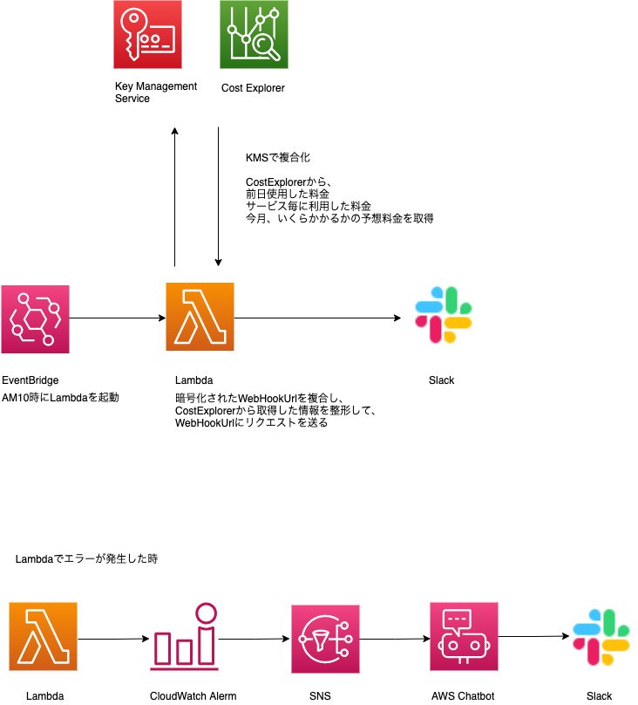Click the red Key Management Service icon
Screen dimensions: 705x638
coord(147,35)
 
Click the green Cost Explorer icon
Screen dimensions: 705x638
coord(254,35)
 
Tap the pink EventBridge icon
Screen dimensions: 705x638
coord(35,318)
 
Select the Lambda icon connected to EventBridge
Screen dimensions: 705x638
coord(200,318)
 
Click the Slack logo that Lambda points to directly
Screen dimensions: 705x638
coord(444,317)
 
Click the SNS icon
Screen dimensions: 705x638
coord(324,637)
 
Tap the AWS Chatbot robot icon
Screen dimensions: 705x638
coord(464,637)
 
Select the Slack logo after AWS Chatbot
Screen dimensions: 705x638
coord(601,637)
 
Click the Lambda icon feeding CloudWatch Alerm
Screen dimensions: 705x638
coord(44,637)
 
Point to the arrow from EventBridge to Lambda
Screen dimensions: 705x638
coord(118,318)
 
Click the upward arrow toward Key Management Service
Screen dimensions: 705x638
coord(175,196)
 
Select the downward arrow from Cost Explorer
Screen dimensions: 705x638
coord(218,196)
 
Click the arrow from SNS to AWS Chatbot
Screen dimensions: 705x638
coord(394,638)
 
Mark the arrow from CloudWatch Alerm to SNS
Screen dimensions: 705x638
coord(254,638)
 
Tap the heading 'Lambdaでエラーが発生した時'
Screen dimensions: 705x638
coord(86,558)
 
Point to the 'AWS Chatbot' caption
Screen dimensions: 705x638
coord(463,695)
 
